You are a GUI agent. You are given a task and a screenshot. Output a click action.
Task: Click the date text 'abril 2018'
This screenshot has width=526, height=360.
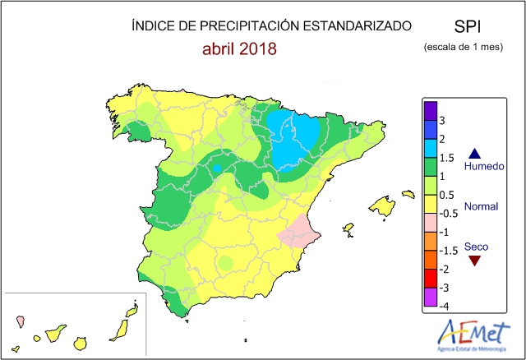point(239,48)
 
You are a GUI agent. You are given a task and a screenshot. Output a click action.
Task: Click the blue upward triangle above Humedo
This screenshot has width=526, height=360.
point(475,153)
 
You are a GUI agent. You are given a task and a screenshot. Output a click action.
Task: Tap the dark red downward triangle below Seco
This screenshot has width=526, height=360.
point(474,261)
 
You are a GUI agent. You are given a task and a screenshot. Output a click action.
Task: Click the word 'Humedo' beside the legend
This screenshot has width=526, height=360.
point(483,167)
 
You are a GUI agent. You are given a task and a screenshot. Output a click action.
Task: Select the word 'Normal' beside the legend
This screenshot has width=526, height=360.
point(482,207)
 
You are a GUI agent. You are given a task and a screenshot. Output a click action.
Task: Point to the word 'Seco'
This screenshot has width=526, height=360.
point(477,246)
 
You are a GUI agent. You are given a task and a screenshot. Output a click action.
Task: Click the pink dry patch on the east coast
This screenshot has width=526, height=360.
point(296,231)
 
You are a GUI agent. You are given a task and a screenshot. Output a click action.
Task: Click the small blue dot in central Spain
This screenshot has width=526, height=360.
point(217,168)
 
